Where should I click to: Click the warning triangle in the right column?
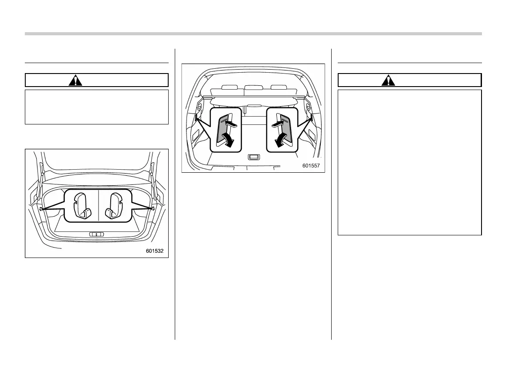[387, 80]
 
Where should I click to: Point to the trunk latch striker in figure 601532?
[97, 234]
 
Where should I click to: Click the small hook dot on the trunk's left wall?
[41, 209]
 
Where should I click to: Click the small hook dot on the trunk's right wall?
[153, 209]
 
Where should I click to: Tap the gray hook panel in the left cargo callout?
[224, 129]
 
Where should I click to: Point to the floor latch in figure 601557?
[254, 157]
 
